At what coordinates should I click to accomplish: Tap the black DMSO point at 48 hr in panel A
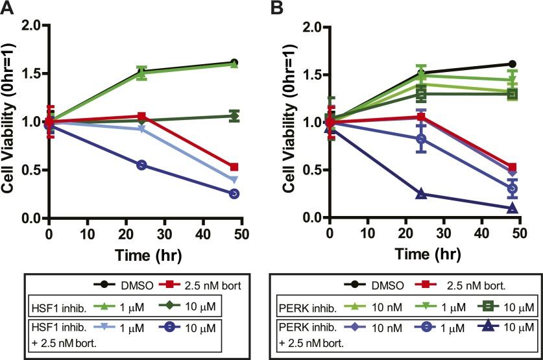click(x=234, y=63)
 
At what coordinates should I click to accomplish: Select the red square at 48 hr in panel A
click(x=234, y=167)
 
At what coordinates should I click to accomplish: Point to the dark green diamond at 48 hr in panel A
click(x=234, y=116)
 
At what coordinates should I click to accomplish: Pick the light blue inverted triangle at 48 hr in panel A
click(x=234, y=180)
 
